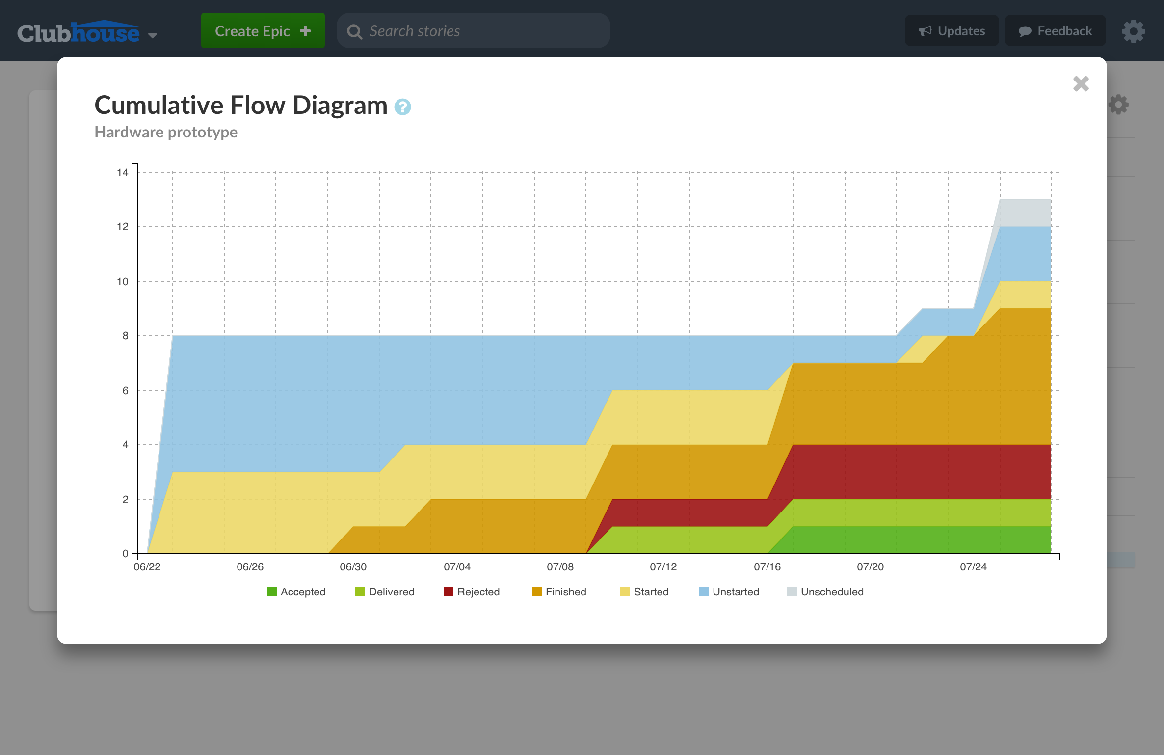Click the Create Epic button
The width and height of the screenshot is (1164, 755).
pyautogui.click(x=263, y=31)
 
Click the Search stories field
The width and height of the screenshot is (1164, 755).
pyautogui.click(x=473, y=31)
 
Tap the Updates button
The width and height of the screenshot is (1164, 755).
pyautogui.click(x=952, y=31)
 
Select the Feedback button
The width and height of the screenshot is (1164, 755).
pyautogui.click(x=1055, y=31)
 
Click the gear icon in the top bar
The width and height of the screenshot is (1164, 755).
pyautogui.click(x=1133, y=31)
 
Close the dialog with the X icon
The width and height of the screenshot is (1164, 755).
pyautogui.click(x=1081, y=84)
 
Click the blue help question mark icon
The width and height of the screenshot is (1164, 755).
pyautogui.click(x=402, y=107)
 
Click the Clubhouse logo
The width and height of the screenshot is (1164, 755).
pyautogui.click(x=79, y=32)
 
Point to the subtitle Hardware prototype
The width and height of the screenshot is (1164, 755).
pyautogui.click(x=166, y=132)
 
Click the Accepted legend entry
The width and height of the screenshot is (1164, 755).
pyautogui.click(x=296, y=592)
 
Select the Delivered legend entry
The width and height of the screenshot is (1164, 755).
pyautogui.click(x=385, y=592)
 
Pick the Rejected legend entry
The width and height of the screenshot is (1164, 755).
pyautogui.click(x=472, y=592)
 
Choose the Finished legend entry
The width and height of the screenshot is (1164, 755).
pyautogui.click(x=559, y=592)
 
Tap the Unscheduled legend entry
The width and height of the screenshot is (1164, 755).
pyautogui.click(x=825, y=592)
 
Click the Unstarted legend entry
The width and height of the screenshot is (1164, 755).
pyautogui.click(x=729, y=592)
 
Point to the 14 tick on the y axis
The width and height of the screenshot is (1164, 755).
pyautogui.click(x=122, y=172)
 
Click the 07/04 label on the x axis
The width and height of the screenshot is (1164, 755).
pyautogui.click(x=457, y=566)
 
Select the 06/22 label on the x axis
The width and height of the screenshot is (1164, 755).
pyautogui.click(x=147, y=566)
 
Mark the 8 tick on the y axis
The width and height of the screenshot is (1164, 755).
pyautogui.click(x=125, y=336)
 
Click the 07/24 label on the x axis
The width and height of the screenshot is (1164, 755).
pyautogui.click(x=973, y=566)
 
